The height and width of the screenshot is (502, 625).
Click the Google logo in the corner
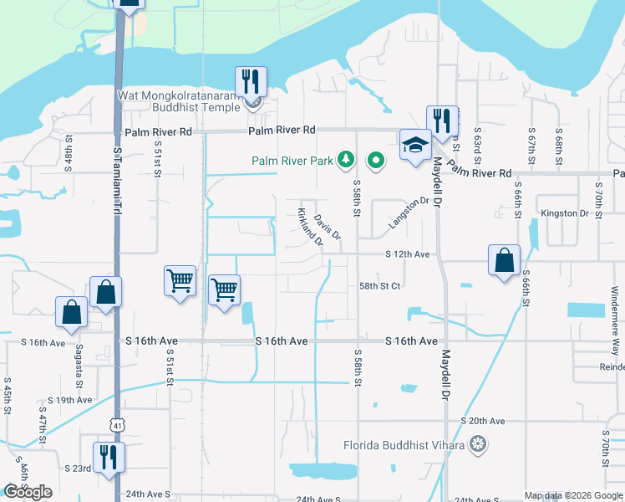coord(28,492)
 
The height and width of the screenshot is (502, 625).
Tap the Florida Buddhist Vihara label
coord(404,444)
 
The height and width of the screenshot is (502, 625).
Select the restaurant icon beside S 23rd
coord(109,458)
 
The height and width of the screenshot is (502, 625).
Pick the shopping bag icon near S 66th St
coord(505,260)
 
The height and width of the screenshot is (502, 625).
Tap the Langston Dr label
coord(408,213)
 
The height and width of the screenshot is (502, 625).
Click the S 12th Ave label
coord(407,254)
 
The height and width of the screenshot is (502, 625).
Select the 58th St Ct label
coord(380,285)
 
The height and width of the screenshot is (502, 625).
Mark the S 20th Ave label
coord(483,421)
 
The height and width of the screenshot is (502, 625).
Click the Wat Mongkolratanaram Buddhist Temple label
coord(180,100)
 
